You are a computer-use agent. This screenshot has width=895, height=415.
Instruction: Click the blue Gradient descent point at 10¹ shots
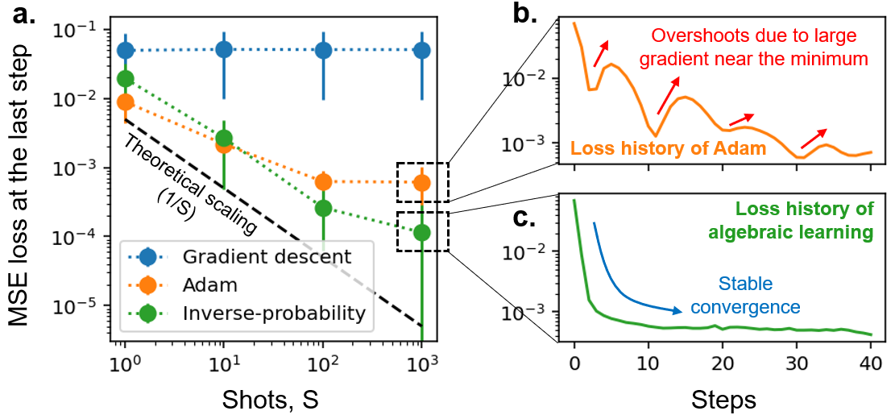pyautogui.click(x=224, y=50)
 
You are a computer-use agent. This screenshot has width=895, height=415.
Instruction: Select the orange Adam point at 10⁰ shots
pyautogui.click(x=125, y=102)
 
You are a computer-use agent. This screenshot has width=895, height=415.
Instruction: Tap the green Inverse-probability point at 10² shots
pyautogui.click(x=323, y=208)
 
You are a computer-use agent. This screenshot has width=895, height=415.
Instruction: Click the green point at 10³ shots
pyautogui.click(x=421, y=232)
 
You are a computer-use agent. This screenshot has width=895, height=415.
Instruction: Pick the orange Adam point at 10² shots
pyautogui.click(x=323, y=181)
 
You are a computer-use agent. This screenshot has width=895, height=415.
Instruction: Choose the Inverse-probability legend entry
pyautogui.click(x=272, y=313)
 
